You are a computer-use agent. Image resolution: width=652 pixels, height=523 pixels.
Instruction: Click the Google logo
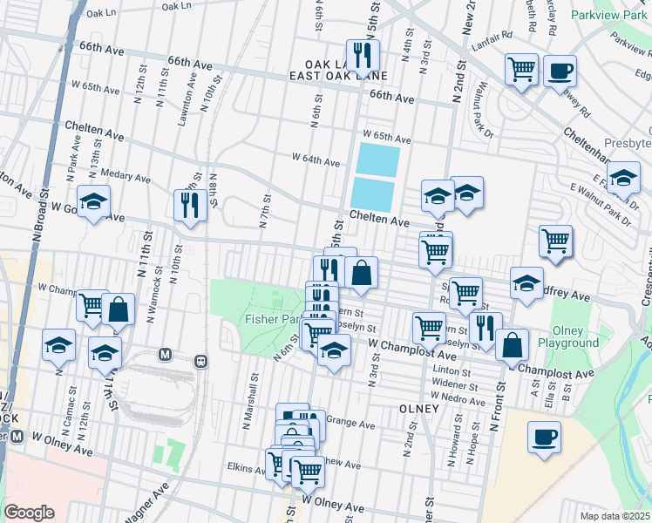pyautogui.click(x=29, y=512)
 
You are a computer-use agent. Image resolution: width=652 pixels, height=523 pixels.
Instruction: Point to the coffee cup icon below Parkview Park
pyautogui.click(x=560, y=70)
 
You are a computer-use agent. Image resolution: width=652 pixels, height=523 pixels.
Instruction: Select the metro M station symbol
pyautogui.click(x=164, y=355)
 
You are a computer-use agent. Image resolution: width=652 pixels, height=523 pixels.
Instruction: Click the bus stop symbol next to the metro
pyautogui.click(x=200, y=359)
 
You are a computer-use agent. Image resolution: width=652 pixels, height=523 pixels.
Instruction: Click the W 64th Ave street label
pyautogui.click(x=316, y=161)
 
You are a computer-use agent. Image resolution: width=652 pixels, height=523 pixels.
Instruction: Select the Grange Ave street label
pyautogui.click(x=350, y=425)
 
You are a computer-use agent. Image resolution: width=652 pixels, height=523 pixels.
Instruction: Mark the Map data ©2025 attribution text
pyautogui.click(x=615, y=516)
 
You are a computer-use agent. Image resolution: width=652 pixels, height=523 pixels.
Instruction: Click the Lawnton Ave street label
pyautogui.click(x=184, y=101)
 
